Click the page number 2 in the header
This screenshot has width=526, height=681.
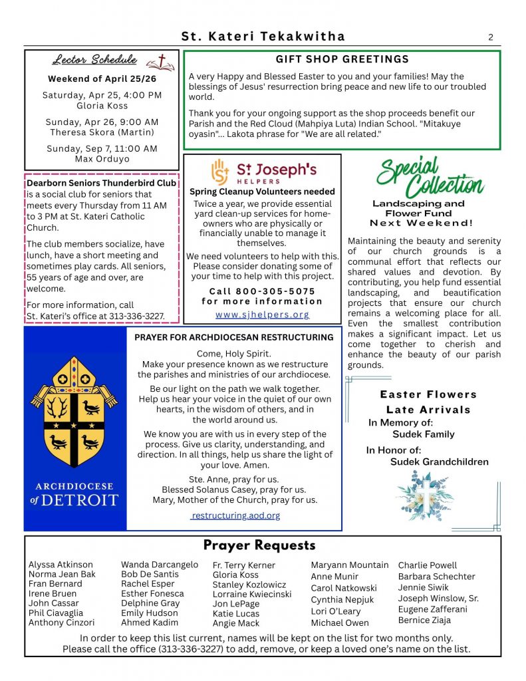[x=491, y=37]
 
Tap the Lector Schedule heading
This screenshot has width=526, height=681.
[x=94, y=60]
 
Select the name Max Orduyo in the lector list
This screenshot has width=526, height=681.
[x=102, y=159]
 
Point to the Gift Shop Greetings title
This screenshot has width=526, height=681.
[x=342, y=59]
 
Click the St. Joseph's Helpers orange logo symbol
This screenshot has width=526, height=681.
[x=220, y=171]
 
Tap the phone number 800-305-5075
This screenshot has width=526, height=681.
[x=262, y=291]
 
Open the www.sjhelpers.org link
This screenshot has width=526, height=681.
[x=262, y=315]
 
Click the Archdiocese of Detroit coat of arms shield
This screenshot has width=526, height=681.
[x=74, y=413]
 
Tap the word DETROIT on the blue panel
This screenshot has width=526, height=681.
[x=81, y=500]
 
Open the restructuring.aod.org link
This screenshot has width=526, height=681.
[x=235, y=515]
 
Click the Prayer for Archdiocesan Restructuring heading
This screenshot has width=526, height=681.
[x=234, y=337]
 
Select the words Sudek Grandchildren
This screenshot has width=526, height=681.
[x=439, y=462]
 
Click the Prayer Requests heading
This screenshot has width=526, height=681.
[x=259, y=545]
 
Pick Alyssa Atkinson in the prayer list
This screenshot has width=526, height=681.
[x=61, y=565]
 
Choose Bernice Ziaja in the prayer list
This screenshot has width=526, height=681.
[x=424, y=620]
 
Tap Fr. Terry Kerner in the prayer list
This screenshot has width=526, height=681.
[x=243, y=565]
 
